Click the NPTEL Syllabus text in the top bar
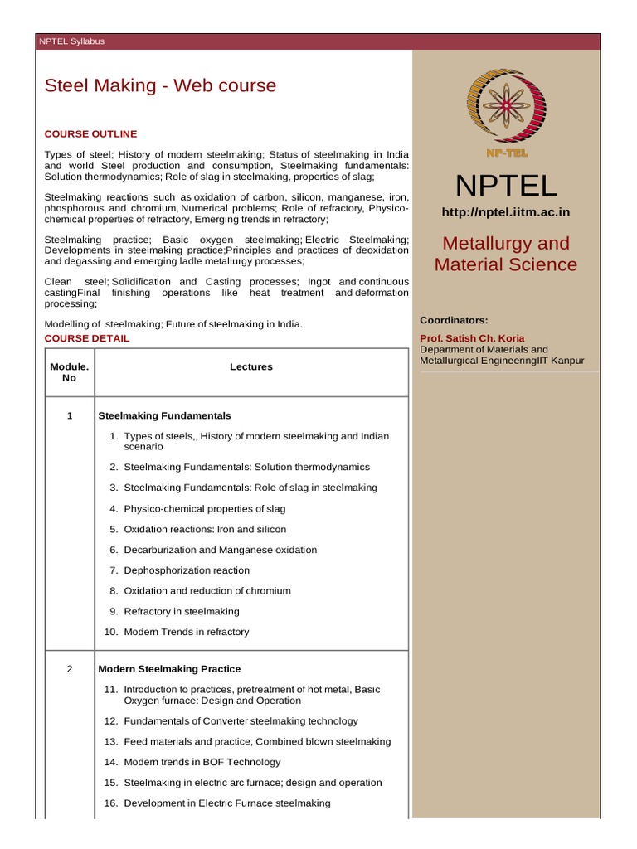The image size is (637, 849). point(72,41)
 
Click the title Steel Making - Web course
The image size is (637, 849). point(160,85)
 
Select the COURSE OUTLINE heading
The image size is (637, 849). point(90,133)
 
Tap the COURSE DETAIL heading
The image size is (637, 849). point(87,338)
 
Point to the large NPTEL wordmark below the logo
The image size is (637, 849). point(506,184)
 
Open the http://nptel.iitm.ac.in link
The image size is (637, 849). point(506,212)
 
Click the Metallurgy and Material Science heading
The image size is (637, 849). point(506,254)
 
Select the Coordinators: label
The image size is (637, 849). point(454,320)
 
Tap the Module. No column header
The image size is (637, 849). point(70,371)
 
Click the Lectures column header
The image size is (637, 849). point(250,366)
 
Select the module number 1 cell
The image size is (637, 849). point(70,415)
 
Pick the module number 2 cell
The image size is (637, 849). point(70,669)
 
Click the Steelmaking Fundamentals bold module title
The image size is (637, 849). point(164,415)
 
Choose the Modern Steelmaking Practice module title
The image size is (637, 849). point(169,669)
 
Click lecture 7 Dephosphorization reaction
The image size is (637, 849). point(186,570)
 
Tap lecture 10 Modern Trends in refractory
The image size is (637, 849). point(186,632)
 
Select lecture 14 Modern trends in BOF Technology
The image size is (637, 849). point(202,762)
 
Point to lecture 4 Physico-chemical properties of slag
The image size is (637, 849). point(207,508)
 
